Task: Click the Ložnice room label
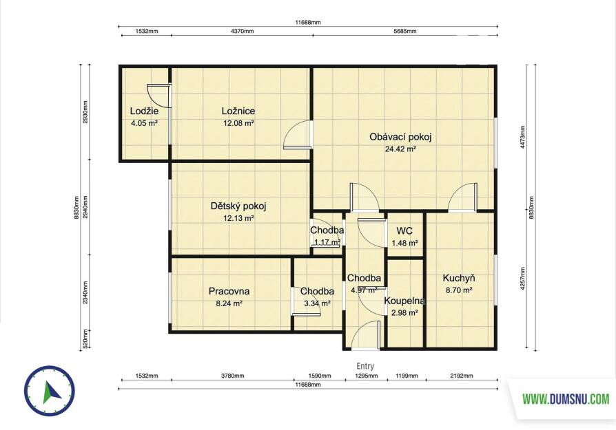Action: click(238, 111)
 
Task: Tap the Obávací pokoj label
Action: click(400, 137)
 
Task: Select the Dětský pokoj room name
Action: click(238, 206)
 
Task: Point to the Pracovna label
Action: click(229, 291)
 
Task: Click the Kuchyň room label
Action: click(459, 278)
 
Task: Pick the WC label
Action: click(404, 230)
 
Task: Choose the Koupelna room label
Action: click(404, 301)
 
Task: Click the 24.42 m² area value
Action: click(400, 149)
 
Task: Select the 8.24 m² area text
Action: click(229, 303)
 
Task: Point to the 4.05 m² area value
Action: click(144, 123)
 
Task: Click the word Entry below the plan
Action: click(365, 366)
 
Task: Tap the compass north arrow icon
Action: click(50, 391)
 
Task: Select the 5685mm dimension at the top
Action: click(405, 31)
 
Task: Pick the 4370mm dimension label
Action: click(242, 31)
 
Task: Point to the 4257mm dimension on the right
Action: click(522, 279)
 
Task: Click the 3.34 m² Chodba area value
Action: click(317, 303)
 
